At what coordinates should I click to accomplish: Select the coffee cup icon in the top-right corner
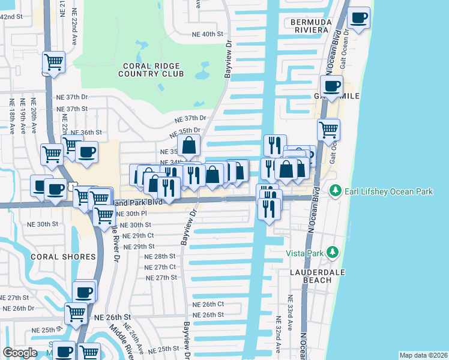[359, 19]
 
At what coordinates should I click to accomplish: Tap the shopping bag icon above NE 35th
[189, 146]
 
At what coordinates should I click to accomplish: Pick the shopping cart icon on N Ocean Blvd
[328, 130]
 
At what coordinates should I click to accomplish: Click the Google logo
[20, 353]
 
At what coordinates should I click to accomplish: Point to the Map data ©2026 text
[423, 355]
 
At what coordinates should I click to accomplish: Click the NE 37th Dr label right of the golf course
[191, 119]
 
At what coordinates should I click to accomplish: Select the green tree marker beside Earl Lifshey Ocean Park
[334, 191]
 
